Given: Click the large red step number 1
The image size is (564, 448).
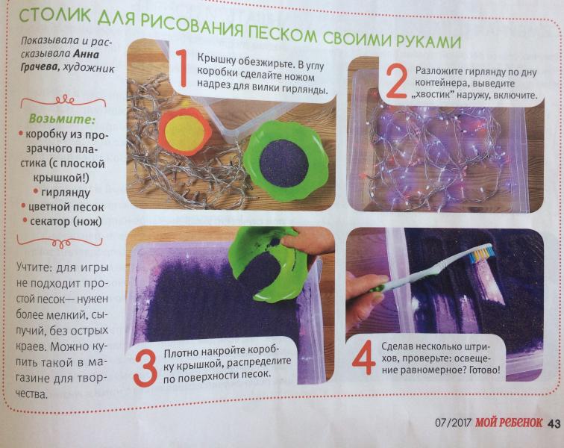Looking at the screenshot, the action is coord(182,69).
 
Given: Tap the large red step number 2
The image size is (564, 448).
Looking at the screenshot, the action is coord(396,82).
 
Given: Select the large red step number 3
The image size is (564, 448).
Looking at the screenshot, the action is coord(145,367).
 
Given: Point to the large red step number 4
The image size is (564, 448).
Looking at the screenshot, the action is coord(364,358).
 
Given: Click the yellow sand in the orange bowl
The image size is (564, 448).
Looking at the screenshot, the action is coord(184,133).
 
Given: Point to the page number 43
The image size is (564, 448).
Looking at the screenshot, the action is coord(554,424).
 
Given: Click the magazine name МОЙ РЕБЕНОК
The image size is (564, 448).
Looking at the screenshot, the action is coord(508,423).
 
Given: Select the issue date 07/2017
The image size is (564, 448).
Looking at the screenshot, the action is coord(453,422).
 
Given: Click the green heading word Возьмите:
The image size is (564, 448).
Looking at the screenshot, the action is coord(61,119).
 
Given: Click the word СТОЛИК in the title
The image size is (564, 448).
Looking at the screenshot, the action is coord(54,15).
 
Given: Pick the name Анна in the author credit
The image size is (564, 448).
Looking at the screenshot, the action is coord(86,54).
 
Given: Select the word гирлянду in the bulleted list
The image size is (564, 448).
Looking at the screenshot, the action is coord(65,193).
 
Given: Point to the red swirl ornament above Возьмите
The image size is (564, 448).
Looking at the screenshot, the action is coord(63,102).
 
